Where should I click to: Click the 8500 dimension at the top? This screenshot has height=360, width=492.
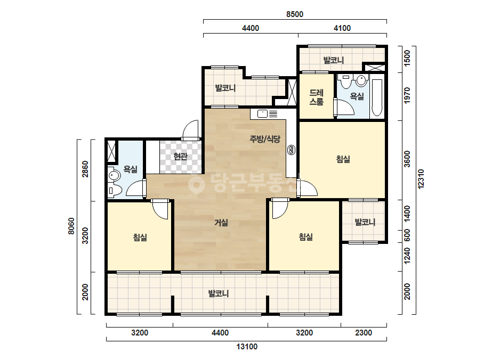click(x=295, y=14)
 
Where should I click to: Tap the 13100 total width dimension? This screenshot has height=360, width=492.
click(x=247, y=347)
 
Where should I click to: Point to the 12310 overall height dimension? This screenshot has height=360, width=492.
click(x=421, y=179)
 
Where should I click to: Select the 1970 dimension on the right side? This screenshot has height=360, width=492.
click(x=407, y=96)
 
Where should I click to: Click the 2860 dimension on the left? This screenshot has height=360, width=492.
click(x=85, y=169)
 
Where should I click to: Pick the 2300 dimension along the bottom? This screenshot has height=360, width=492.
click(x=364, y=333)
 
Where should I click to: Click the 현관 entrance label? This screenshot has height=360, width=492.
click(x=180, y=156)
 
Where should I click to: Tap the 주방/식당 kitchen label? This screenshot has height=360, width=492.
click(x=265, y=139)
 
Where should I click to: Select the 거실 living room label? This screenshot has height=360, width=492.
click(x=221, y=223)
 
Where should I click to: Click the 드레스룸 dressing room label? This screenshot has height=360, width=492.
click(x=316, y=97)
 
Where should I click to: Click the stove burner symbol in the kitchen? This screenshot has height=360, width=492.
click(x=291, y=150)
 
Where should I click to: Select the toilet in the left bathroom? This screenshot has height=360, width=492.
click(x=115, y=190)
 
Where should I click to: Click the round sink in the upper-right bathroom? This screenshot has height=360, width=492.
click(x=361, y=80)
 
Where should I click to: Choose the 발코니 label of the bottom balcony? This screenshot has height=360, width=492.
click(x=219, y=294)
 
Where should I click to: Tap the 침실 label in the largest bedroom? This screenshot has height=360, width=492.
click(x=343, y=159)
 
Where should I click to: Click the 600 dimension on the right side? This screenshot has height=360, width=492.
click(x=407, y=235)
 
